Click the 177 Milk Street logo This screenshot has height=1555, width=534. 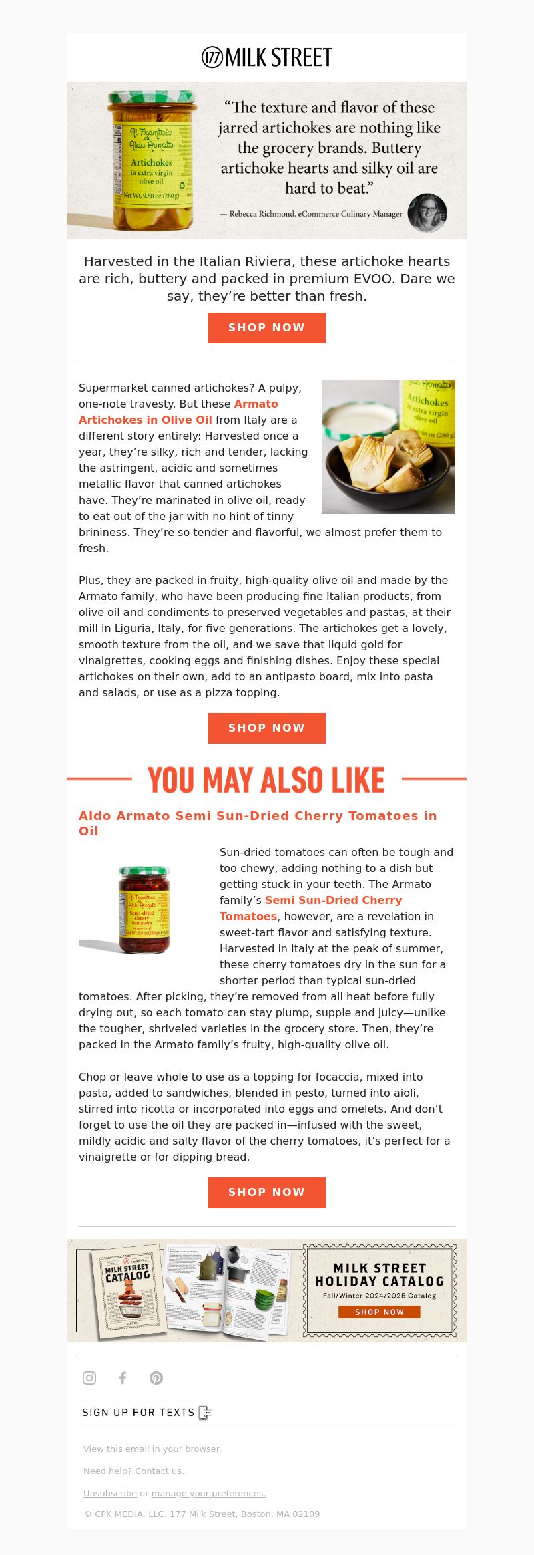click(267, 58)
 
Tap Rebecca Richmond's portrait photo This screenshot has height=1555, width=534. click(427, 213)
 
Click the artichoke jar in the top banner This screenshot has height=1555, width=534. click(152, 160)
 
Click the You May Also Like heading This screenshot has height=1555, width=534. click(266, 780)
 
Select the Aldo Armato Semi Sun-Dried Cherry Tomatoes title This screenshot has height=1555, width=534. click(258, 823)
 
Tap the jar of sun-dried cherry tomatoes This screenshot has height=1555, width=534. click(144, 909)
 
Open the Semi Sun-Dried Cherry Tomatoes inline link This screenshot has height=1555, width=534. click(310, 908)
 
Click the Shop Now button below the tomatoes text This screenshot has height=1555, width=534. click(266, 1192)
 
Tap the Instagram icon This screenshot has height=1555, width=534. click(89, 1377)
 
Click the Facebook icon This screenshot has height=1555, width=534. click(123, 1377)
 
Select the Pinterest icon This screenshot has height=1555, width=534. click(156, 1377)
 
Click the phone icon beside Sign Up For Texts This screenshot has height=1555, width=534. click(206, 1413)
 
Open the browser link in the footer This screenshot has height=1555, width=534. click(203, 1449)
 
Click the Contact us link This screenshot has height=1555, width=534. click(159, 1471)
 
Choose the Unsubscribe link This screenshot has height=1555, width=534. click(110, 1493)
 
